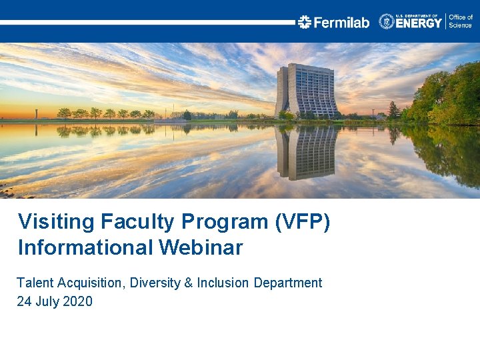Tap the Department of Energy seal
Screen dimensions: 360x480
(x=387, y=21)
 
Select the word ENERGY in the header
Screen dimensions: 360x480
(x=419, y=23)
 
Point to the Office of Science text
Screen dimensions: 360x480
(x=460, y=21)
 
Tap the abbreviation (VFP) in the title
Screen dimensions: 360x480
(x=302, y=222)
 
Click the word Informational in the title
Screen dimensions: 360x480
(x=85, y=248)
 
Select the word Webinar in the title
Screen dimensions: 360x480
(x=201, y=248)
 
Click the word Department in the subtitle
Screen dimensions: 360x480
(x=287, y=283)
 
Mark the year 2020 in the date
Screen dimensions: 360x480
(x=78, y=301)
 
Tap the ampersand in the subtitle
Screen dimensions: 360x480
(x=189, y=283)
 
